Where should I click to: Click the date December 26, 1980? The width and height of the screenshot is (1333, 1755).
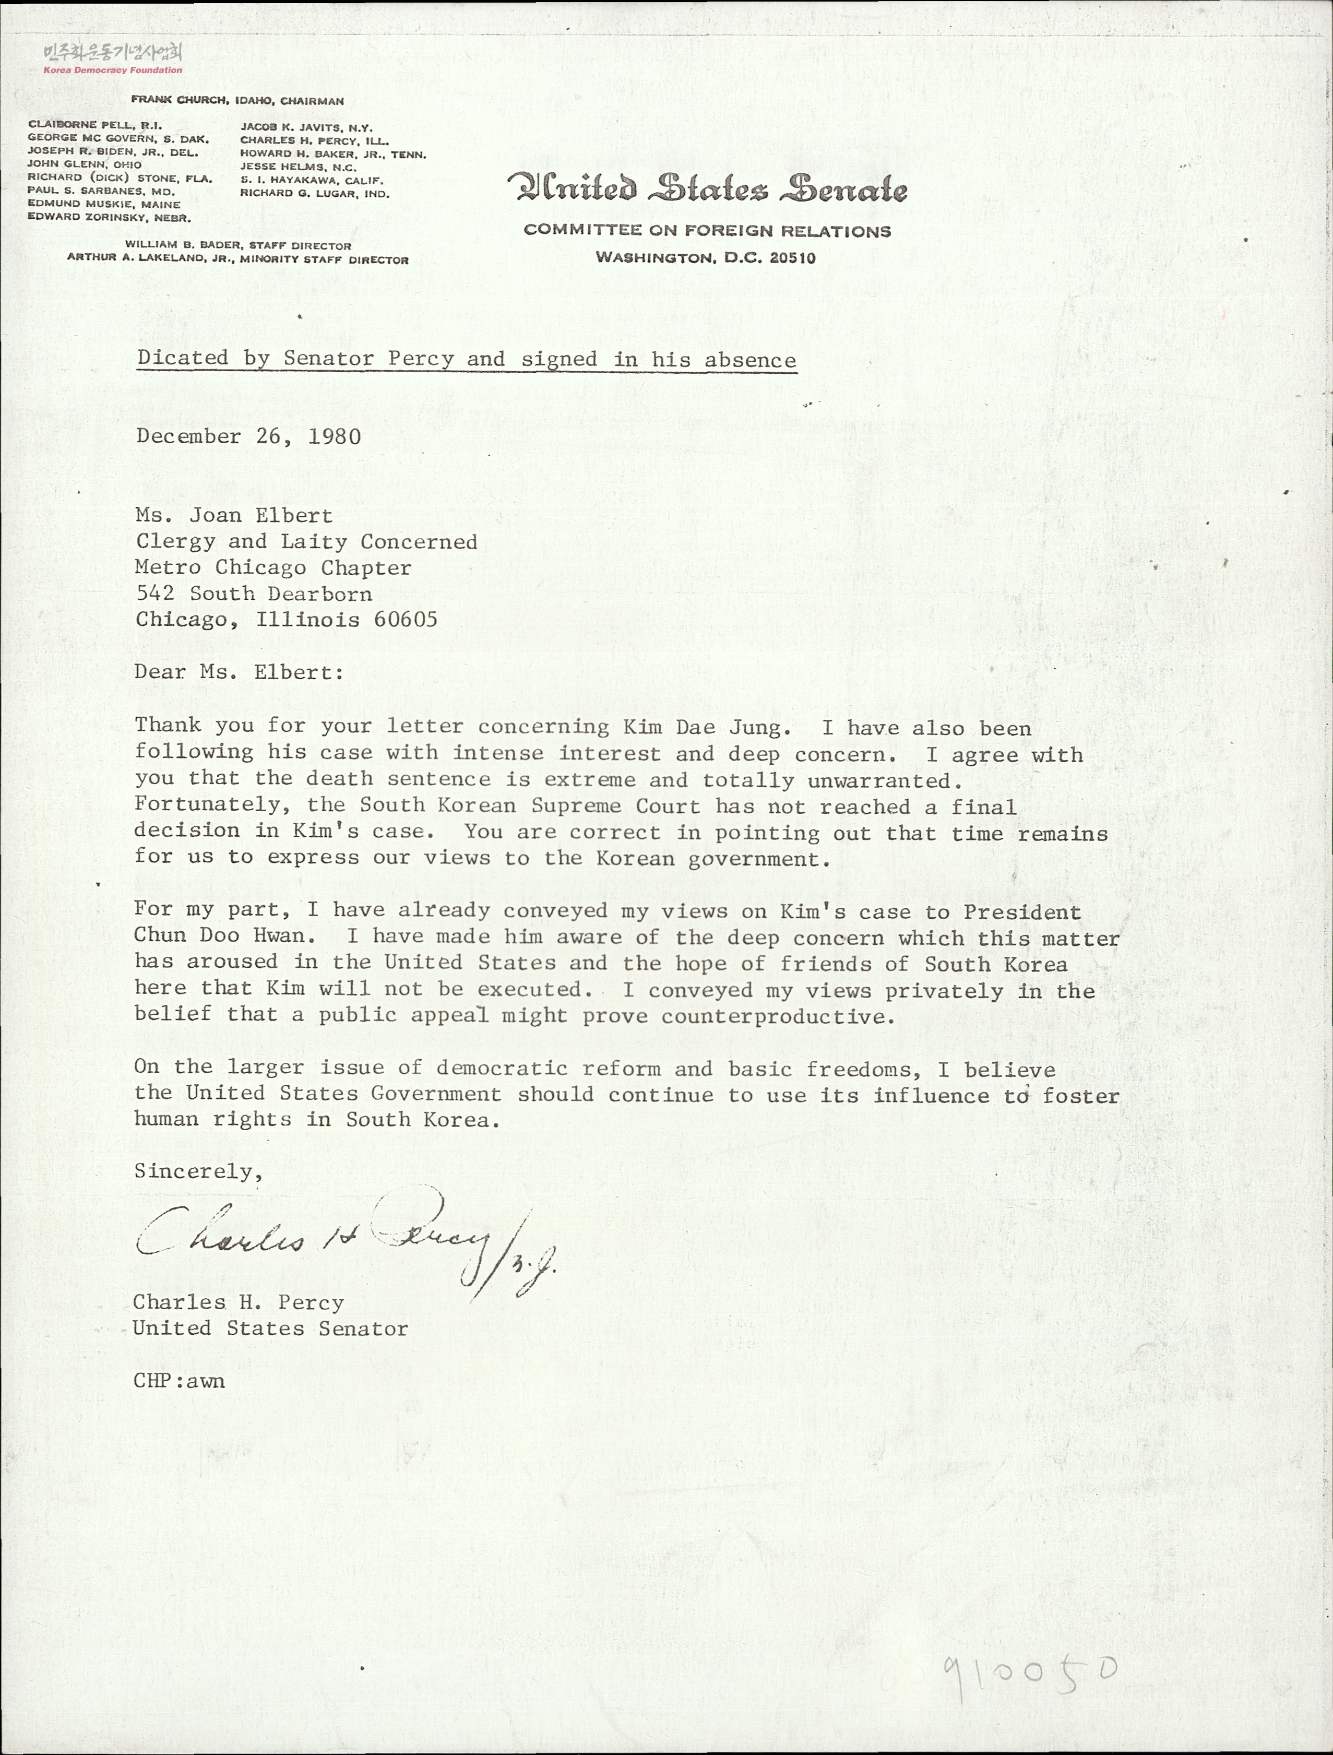tap(248, 437)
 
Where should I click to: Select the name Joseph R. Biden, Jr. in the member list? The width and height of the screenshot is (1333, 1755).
tap(113, 151)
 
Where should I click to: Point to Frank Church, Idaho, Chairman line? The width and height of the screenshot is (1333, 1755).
tap(237, 101)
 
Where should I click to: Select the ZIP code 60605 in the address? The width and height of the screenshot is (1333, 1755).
tap(406, 620)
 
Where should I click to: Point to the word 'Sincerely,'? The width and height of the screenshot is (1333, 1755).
tap(198, 1171)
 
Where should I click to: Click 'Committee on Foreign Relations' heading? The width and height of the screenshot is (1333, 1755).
tap(707, 232)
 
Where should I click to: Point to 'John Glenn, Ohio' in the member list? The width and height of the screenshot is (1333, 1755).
tap(85, 165)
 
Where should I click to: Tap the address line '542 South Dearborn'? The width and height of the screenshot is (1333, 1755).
tap(253, 594)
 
